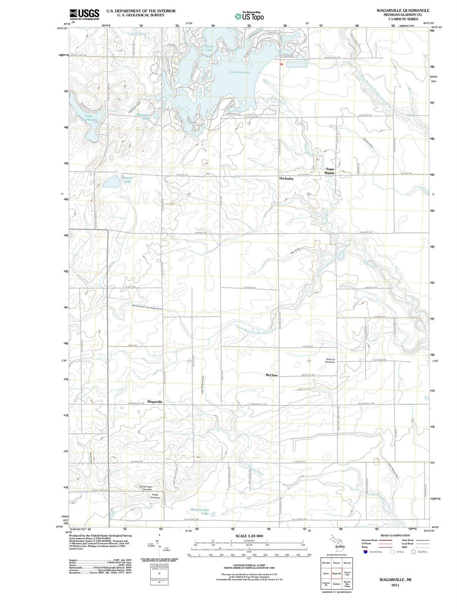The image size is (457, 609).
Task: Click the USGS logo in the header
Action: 85,14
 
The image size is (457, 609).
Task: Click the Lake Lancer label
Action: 240,72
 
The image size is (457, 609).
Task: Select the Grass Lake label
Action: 209,48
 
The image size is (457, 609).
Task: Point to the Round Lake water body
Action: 112,182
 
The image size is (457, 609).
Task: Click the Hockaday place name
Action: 286,179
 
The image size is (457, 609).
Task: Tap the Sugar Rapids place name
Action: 330,171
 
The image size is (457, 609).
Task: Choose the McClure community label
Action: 271,375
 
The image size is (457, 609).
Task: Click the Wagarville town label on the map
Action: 155,401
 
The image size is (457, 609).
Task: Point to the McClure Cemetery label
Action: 330,360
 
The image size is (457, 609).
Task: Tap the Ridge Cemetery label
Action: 155,496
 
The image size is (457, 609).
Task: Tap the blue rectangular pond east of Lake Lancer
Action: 297,64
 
